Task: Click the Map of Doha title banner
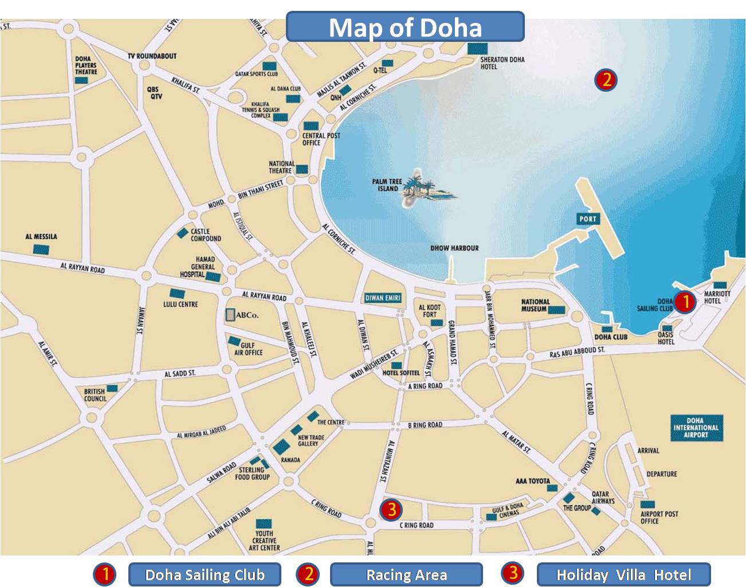pos(405,27)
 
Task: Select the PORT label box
pos(587,219)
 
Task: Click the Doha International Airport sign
pos(696,428)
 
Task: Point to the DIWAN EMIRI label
pos(383,298)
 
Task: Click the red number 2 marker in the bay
pos(606,80)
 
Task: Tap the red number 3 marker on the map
pos(391,509)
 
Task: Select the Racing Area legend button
pos(406,574)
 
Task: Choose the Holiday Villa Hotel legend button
pos(623,574)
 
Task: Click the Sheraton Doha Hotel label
pos(502,62)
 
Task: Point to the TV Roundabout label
pos(152,56)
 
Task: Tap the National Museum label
pos(535,305)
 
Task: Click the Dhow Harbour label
pos(454,248)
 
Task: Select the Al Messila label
pos(41,237)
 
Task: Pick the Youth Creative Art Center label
pos(264,540)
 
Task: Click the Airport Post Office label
pos(659,517)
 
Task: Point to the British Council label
pos(95,395)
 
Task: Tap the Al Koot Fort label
pos(430,311)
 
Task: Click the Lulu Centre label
pos(180,304)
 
